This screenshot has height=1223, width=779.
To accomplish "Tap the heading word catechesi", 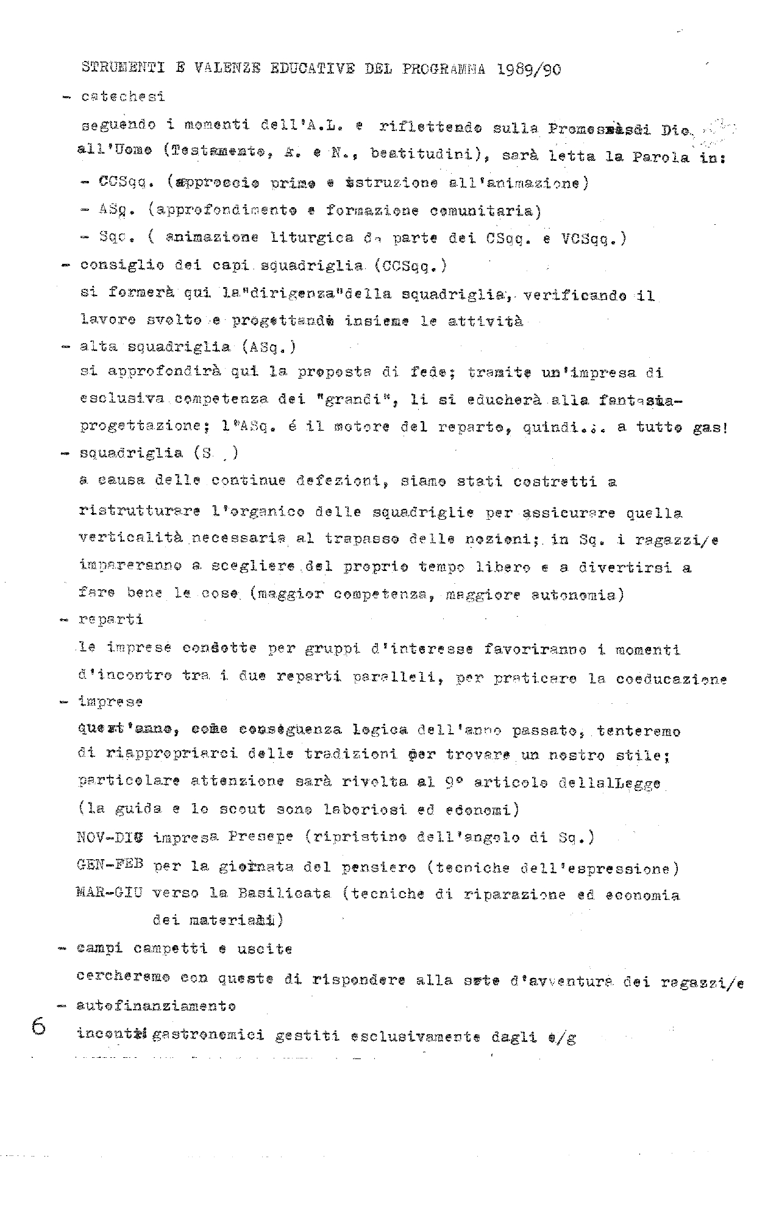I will point(122,97).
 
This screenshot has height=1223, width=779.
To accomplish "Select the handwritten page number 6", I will point(38,1027).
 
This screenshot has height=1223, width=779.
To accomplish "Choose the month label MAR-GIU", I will point(110,894).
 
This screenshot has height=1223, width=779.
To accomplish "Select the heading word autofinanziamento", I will point(157,1006).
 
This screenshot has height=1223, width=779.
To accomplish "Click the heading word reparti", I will point(111,620).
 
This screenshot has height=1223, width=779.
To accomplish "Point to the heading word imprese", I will point(110,702).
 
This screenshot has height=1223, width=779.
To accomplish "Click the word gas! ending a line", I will point(711,428).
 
